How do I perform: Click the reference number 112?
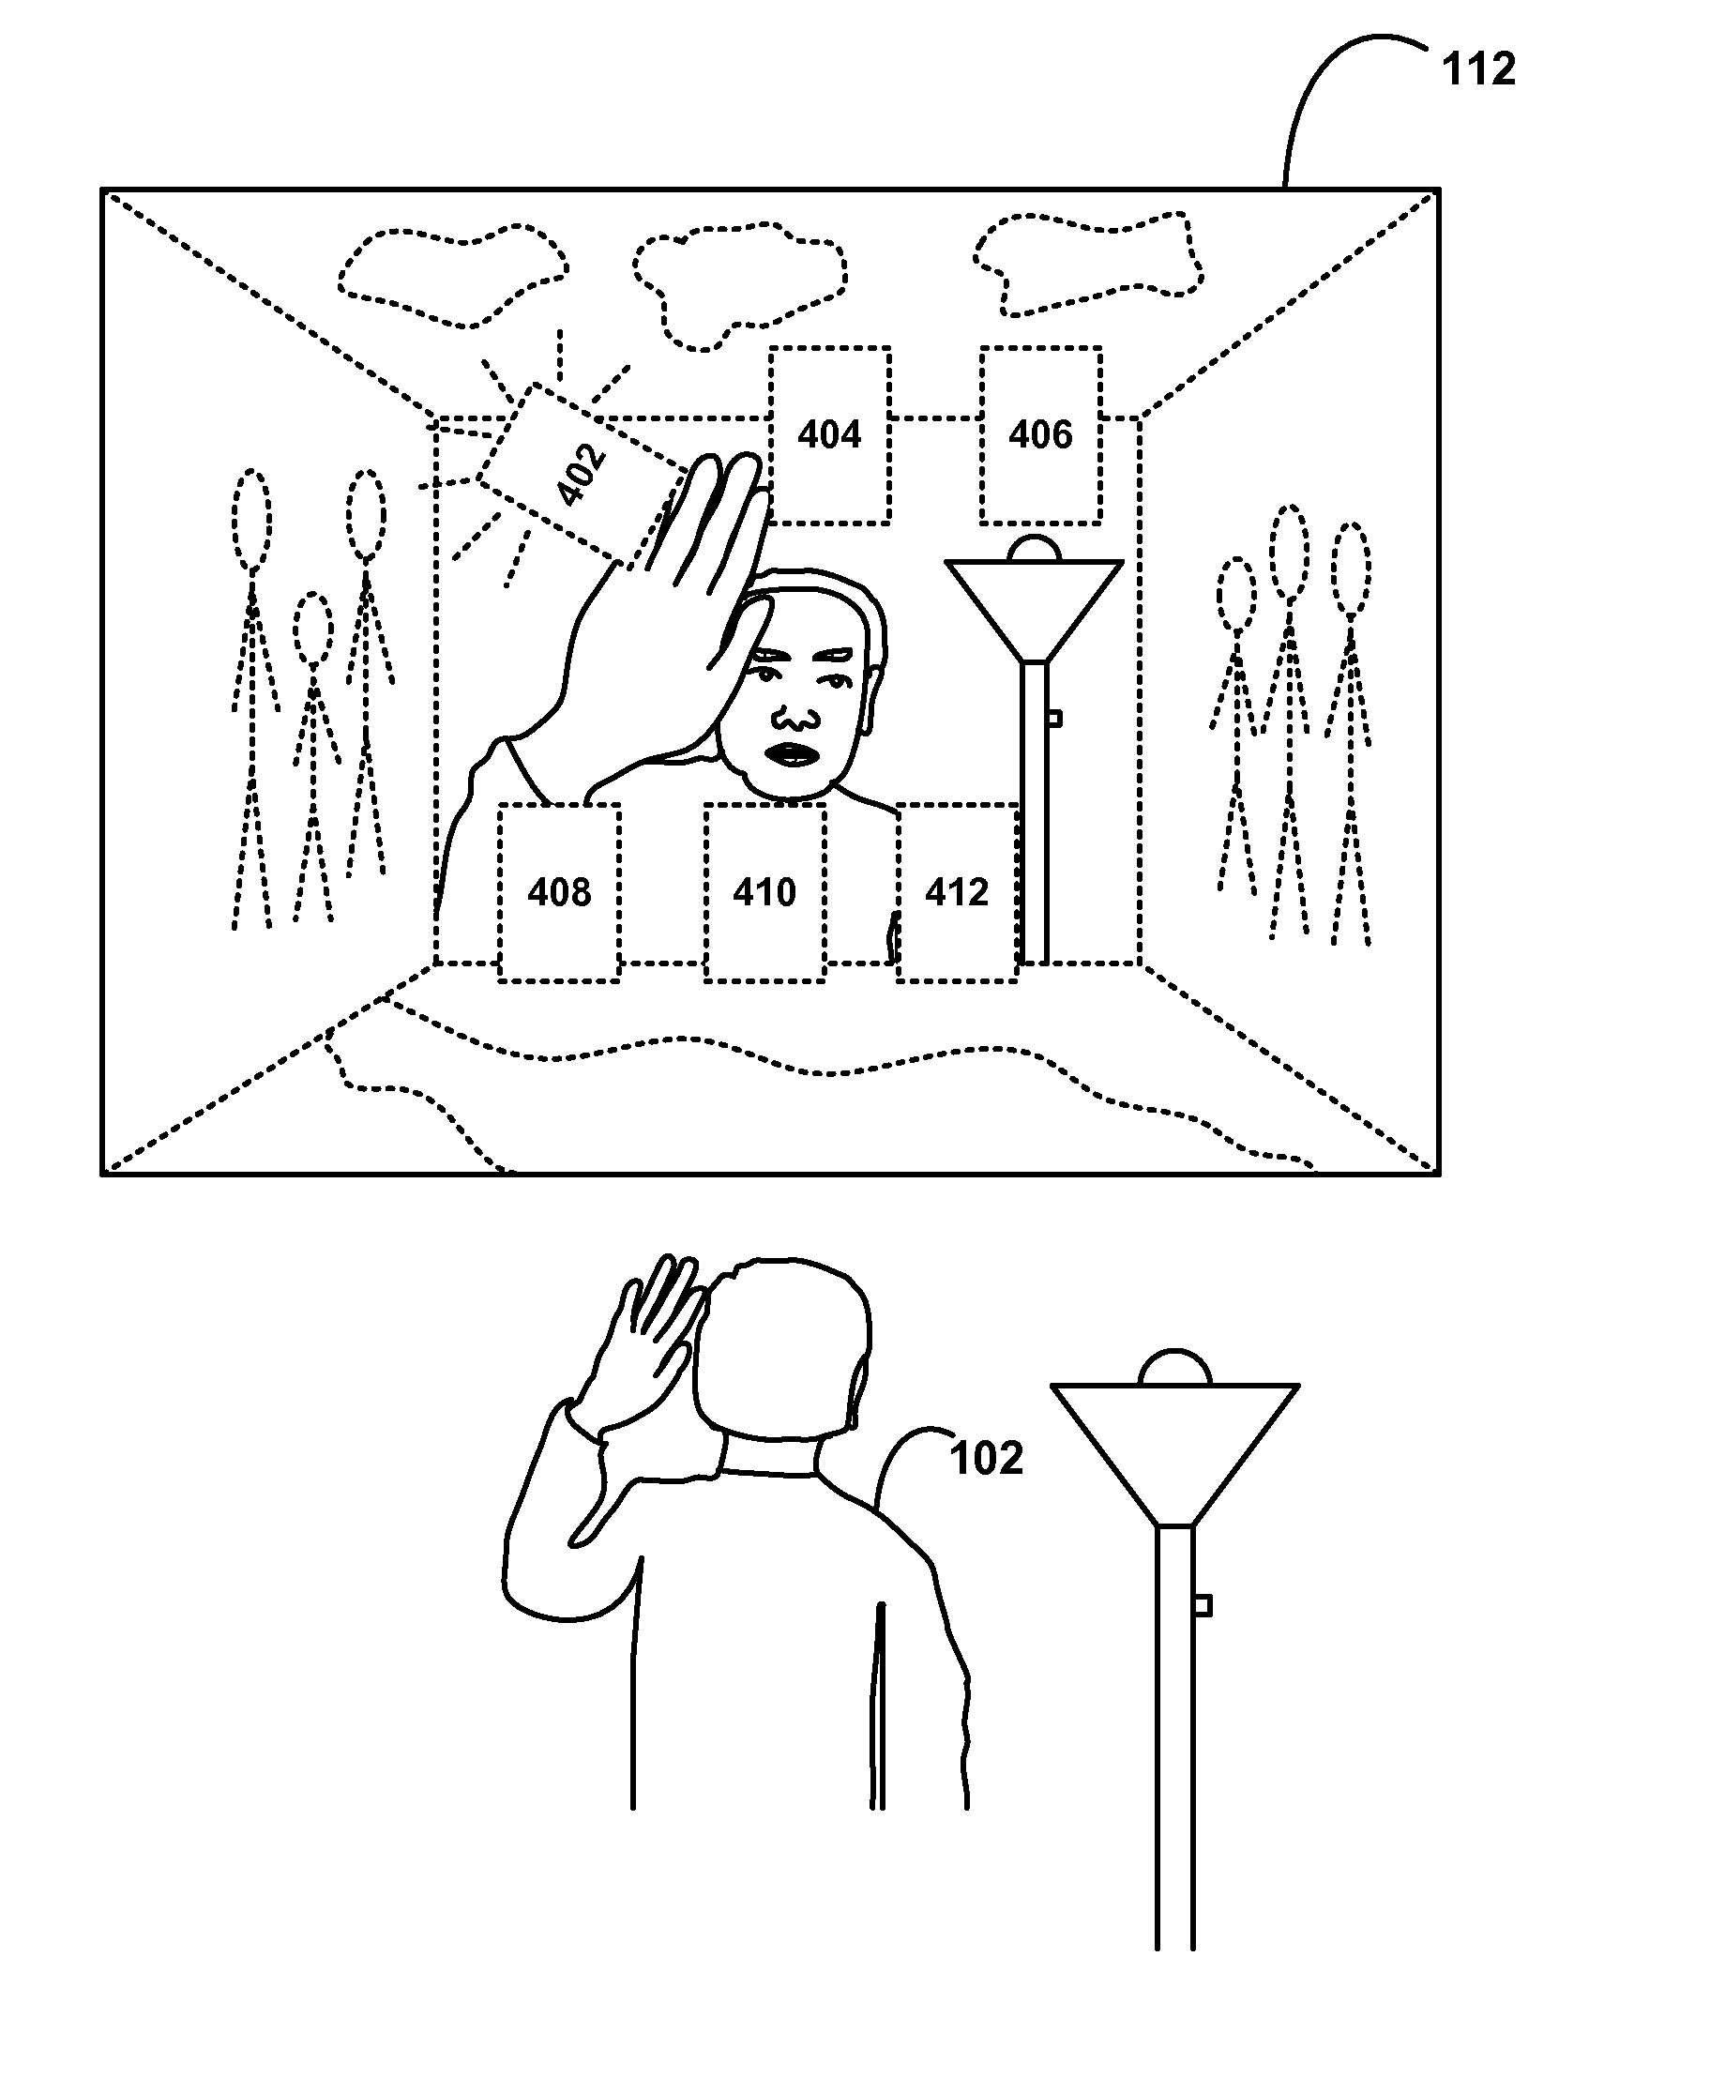(x=1477, y=70)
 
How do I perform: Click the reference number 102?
(x=986, y=1458)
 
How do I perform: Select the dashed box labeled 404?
(x=829, y=434)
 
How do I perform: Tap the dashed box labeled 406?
(x=1040, y=434)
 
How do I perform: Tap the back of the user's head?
(x=783, y=1350)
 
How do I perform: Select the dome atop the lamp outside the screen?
(x=1174, y=1368)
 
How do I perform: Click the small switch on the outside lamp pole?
(x=1201, y=1607)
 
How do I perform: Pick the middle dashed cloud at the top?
(x=739, y=281)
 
